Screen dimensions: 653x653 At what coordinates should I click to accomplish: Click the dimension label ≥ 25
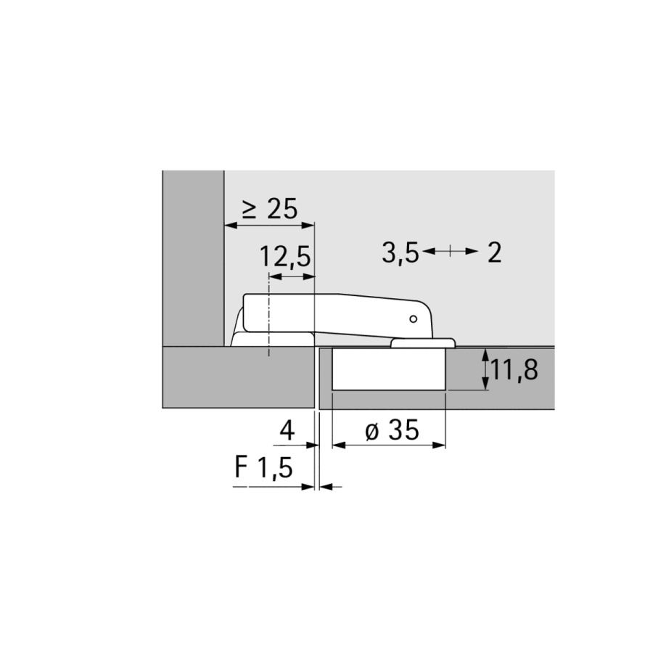[x=269, y=210]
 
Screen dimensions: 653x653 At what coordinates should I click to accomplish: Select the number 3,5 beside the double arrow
[x=400, y=253]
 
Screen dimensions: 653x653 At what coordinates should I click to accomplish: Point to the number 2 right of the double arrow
[x=494, y=253]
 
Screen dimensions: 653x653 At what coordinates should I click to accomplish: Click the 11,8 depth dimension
[x=514, y=370]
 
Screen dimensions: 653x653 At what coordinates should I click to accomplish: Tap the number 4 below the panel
[x=287, y=431]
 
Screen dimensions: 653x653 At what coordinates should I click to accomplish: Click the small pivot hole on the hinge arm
[x=413, y=319]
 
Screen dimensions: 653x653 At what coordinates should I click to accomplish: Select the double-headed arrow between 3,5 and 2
[x=450, y=252]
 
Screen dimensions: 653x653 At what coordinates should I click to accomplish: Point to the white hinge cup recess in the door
[x=388, y=370]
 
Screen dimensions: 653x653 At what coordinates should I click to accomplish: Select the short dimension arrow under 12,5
[x=292, y=276]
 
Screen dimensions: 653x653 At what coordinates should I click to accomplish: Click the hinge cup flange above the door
[x=424, y=341]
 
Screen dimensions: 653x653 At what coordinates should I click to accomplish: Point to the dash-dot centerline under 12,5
[x=269, y=319]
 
